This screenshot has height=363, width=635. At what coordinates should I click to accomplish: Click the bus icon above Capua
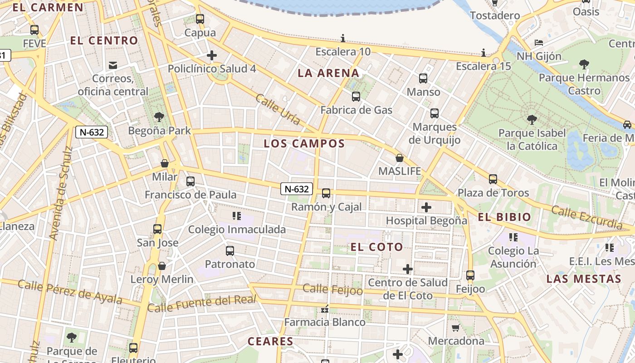click(200, 19)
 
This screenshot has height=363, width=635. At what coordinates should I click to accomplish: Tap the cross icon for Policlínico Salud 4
click(211, 55)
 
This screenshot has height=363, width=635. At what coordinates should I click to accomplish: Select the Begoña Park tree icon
click(159, 117)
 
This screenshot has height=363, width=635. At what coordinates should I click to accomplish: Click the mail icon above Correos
click(113, 65)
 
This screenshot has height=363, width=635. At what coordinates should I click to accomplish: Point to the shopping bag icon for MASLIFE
click(400, 158)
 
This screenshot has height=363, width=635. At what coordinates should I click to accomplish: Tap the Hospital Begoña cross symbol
click(426, 207)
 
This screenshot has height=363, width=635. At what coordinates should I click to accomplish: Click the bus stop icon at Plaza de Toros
click(493, 179)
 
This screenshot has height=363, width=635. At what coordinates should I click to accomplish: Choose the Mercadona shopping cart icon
click(456, 328)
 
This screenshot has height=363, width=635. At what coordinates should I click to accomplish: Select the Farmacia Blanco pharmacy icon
click(324, 309)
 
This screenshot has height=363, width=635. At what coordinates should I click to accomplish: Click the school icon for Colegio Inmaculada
click(236, 216)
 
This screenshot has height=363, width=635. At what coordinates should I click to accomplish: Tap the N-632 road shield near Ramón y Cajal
click(297, 189)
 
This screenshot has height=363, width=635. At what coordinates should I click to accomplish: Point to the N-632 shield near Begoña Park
click(92, 132)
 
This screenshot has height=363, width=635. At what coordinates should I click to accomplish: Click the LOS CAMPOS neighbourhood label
click(304, 144)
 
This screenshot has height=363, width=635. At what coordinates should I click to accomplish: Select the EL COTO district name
click(376, 247)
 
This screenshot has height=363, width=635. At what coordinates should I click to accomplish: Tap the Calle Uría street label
click(278, 109)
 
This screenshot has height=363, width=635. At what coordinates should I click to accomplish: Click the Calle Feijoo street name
click(332, 289)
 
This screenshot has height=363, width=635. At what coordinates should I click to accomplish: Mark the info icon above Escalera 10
click(343, 38)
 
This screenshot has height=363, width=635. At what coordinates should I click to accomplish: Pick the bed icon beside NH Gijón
click(539, 43)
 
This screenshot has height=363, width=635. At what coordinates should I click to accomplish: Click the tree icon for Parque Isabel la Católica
click(532, 120)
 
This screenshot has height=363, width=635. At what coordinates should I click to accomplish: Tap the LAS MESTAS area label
click(583, 279)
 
